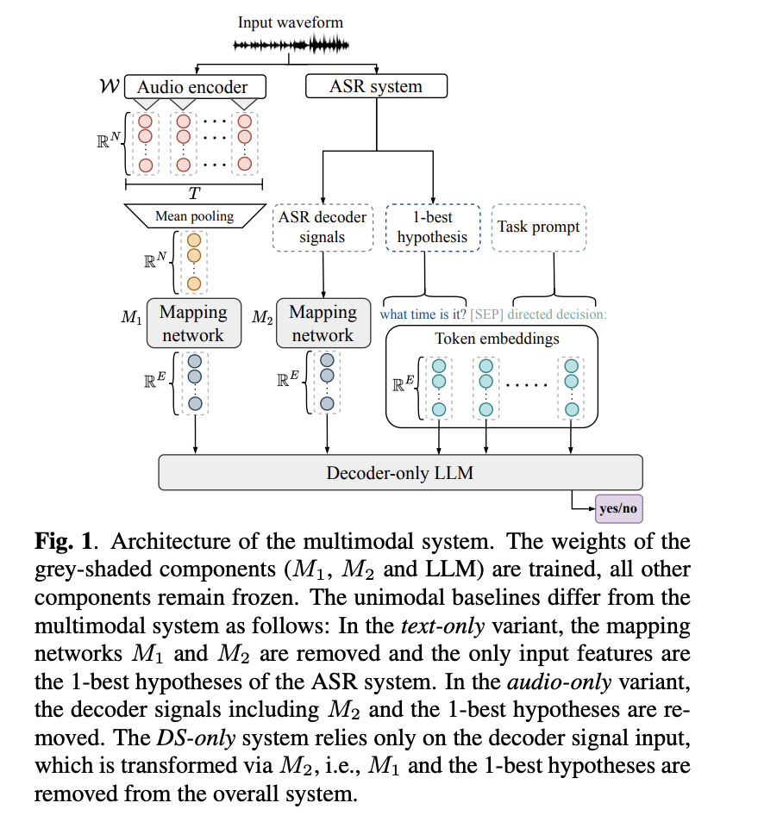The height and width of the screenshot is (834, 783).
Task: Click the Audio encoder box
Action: [x=195, y=87]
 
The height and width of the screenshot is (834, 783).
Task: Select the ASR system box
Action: [x=376, y=86]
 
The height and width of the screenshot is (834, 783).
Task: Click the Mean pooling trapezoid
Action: [x=194, y=216]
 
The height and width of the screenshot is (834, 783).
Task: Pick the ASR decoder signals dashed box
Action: [x=323, y=227]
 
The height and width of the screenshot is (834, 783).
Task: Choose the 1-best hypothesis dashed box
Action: [x=432, y=227]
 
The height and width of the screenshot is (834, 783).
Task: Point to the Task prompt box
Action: [x=539, y=227]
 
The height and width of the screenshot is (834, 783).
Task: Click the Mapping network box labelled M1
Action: [x=193, y=324]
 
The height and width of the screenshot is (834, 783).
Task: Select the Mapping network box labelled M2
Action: [x=323, y=324]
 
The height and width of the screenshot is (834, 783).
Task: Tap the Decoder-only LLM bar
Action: [x=401, y=473]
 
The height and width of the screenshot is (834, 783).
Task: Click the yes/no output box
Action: [x=618, y=508]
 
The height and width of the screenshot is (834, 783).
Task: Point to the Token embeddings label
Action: [x=497, y=339]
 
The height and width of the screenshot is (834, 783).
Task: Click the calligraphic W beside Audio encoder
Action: [x=110, y=87]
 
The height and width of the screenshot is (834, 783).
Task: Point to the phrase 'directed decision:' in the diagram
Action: [x=557, y=314]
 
